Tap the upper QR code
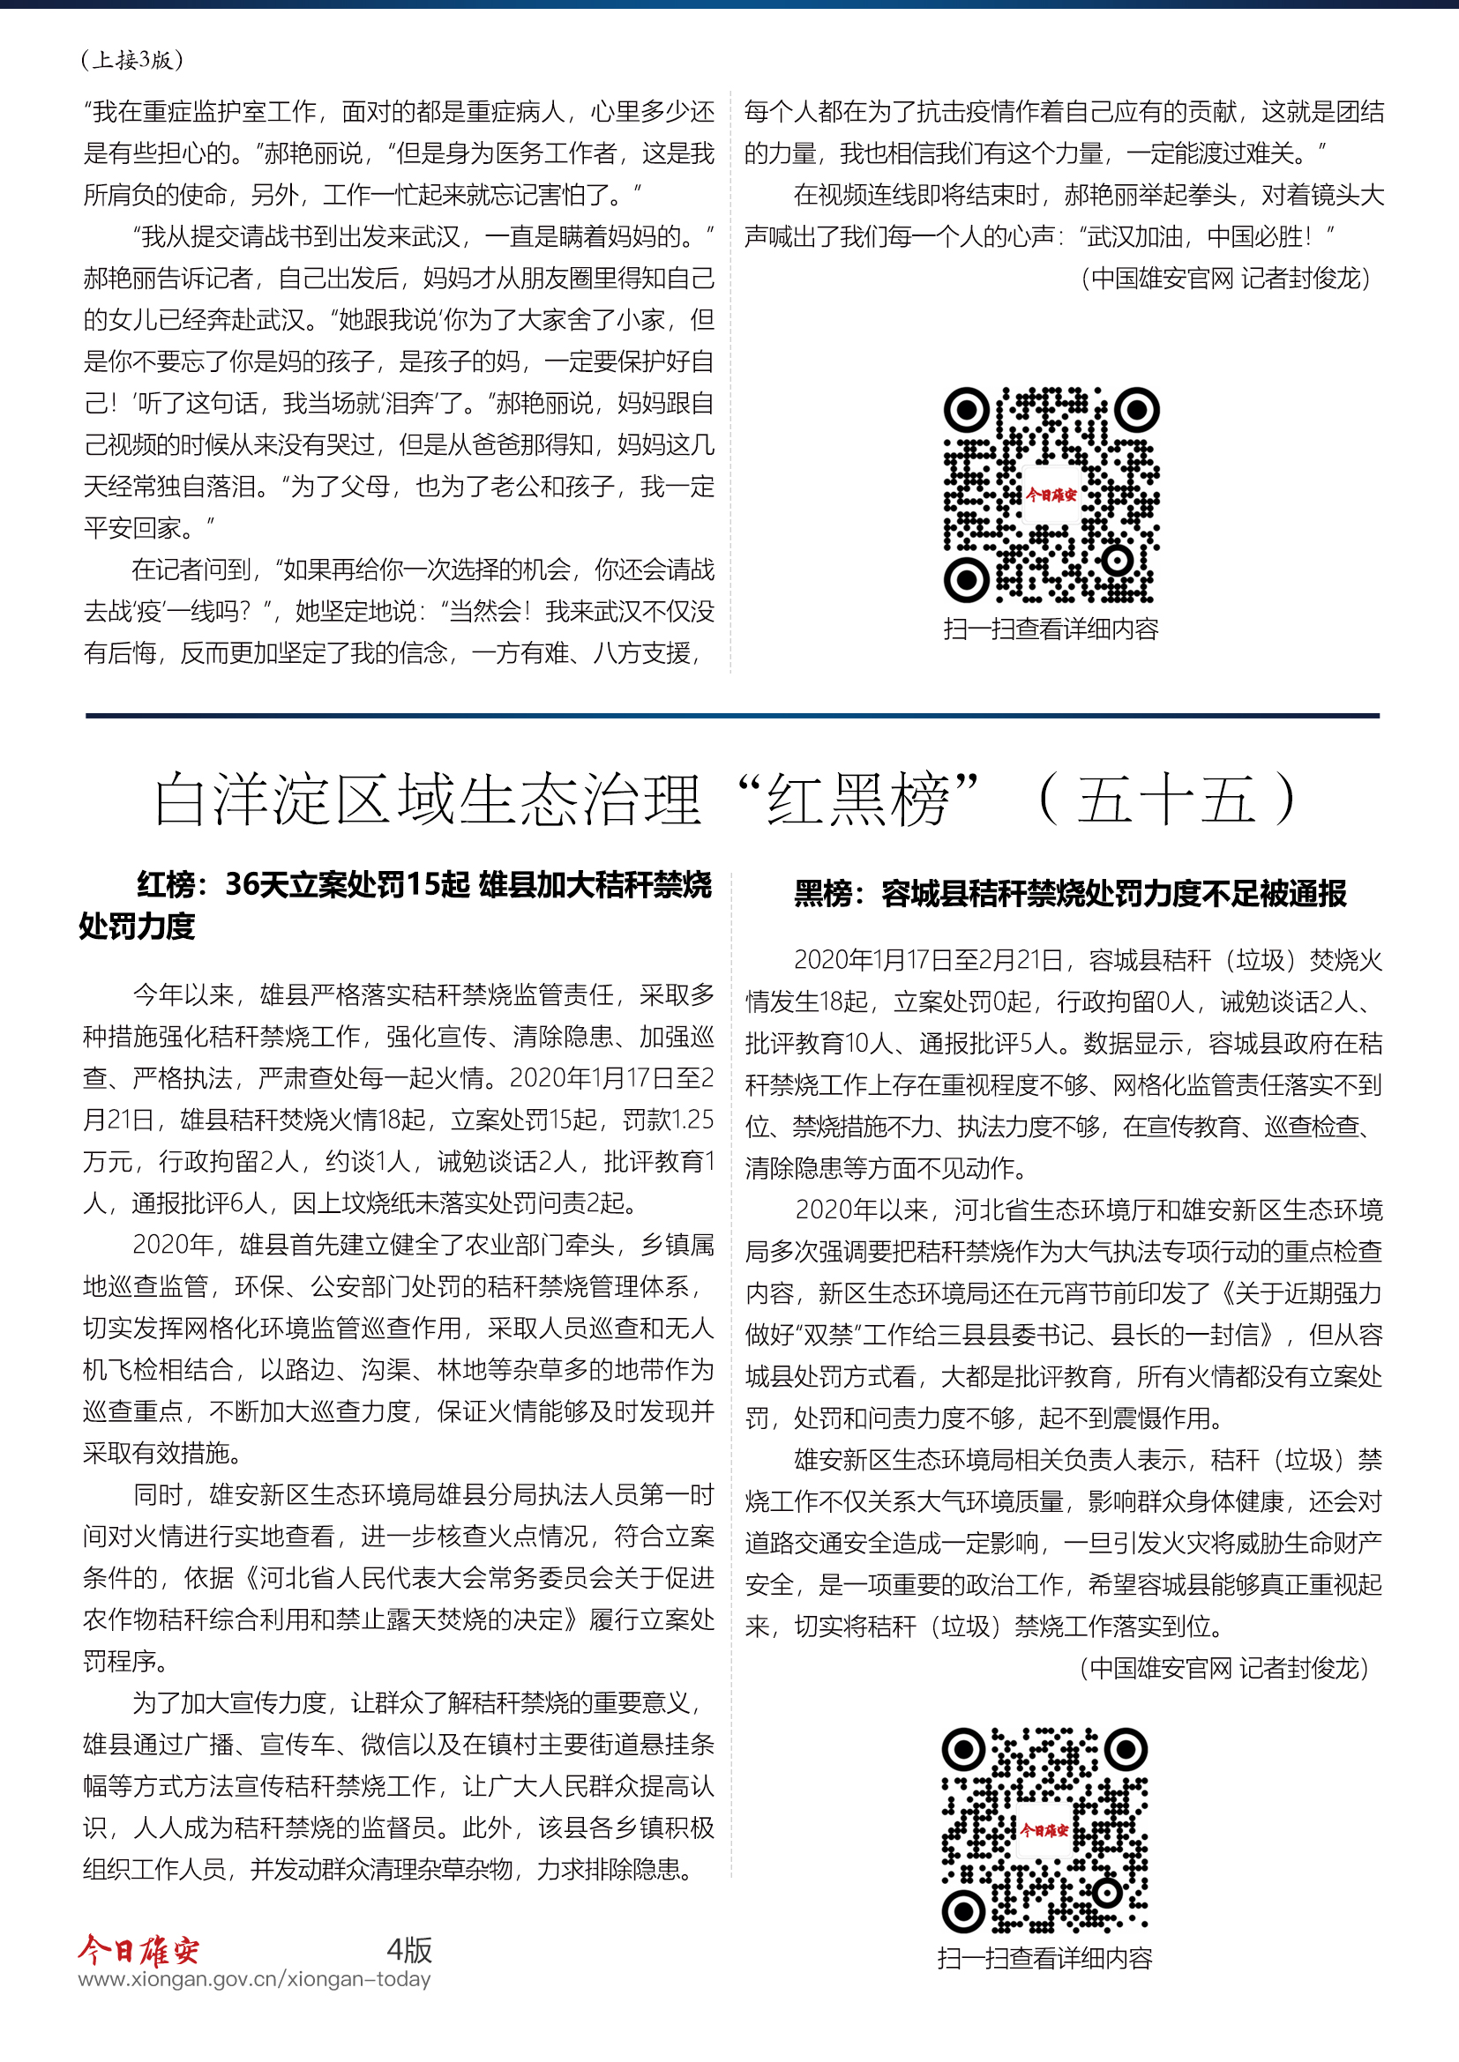pyautogui.click(x=1051, y=495)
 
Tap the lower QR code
pyautogui.click(x=1044, y=1829)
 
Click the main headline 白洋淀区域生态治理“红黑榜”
pyautogui.click(x=566, y=800)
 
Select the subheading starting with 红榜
pyautogui.click(x=395, y=904)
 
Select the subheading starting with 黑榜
pyautogui.click(x=1069, y=894)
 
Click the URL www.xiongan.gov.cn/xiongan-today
pyautogui.click(x=254, y=1978)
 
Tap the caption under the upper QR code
pyautogui.click(x=1051, y=629)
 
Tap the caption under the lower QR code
pyautogui.click(x=1044, y=1958)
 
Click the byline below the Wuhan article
pyautogui.click(x=1225, y=279)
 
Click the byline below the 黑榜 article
pyautogui.click(x=1223, y=1668)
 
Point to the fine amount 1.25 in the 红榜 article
pyautogui.click(x=692, y=1120)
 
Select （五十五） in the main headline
pyautogui.click(x=1166, y=800)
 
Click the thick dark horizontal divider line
pyautogui.click(x=732, y=716)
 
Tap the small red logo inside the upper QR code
pyautogui.click(x=1051, y=495)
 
